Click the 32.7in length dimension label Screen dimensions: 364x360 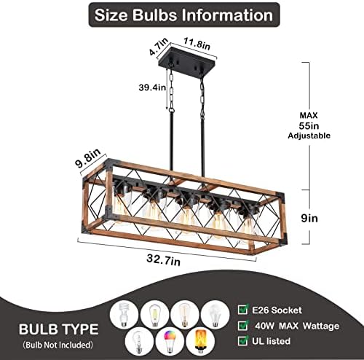pyautogui.click(x=163, y=260)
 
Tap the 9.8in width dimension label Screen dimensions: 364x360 pyautogui.click(x=87, y=158)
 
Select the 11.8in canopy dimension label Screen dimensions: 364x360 pyautogui.click(x=197, y=44)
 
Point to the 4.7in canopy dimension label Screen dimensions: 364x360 pyautogui.click(x=159, y=46)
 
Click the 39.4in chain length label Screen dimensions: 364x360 pyautogui.click(x=152, y=87)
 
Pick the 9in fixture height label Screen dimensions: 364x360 pyautogui.click(x=309, y=218)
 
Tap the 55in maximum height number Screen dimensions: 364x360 pyautogui.click(x=309, y=125)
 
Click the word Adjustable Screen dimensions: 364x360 pyautogui.click(x=309, y=136)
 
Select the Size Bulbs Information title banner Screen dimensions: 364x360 pyautogui.click(x=184, y=15)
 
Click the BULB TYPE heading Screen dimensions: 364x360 pyautogui.click(x=59, y=329)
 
